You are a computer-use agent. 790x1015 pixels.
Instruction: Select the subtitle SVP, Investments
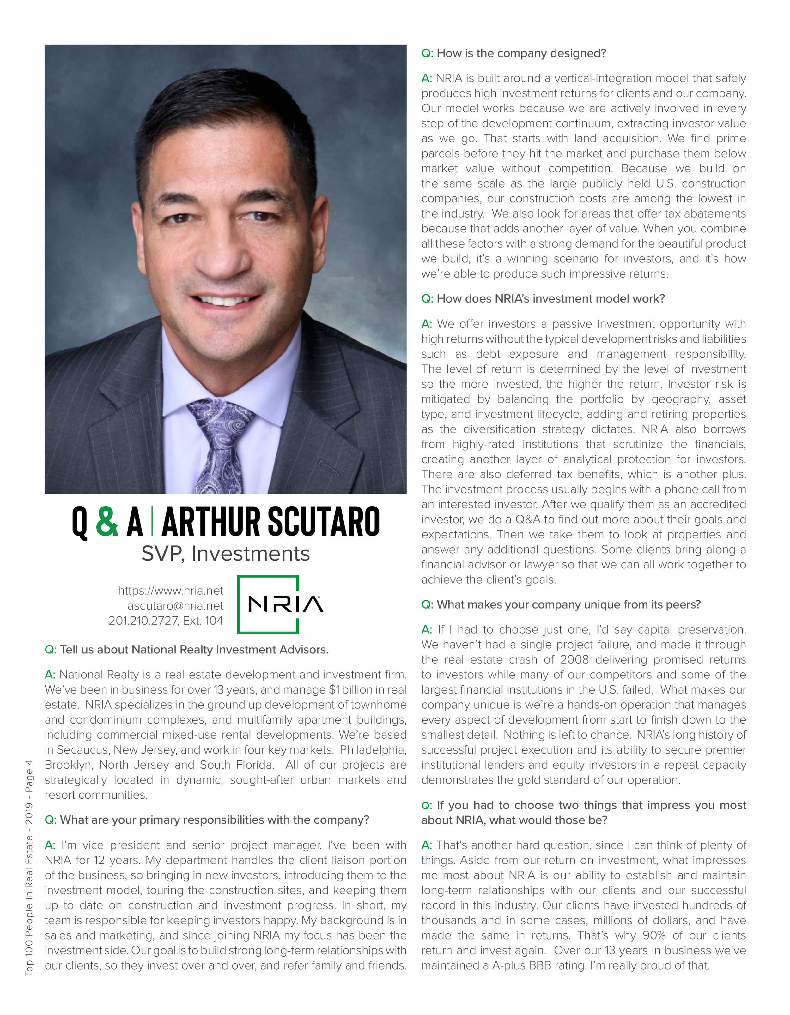click(226, 554)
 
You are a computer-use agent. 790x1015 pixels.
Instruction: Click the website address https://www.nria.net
click(170, 591)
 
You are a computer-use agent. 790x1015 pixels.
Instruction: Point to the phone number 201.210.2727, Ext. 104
click(166, 621)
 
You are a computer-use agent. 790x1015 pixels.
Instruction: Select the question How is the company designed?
click(514, 53)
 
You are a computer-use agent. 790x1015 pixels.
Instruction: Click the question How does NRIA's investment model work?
click(543, 298)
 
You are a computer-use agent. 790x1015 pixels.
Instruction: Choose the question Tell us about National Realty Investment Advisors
click(186, 649)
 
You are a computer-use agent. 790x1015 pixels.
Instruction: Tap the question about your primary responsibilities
click(207, 820)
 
